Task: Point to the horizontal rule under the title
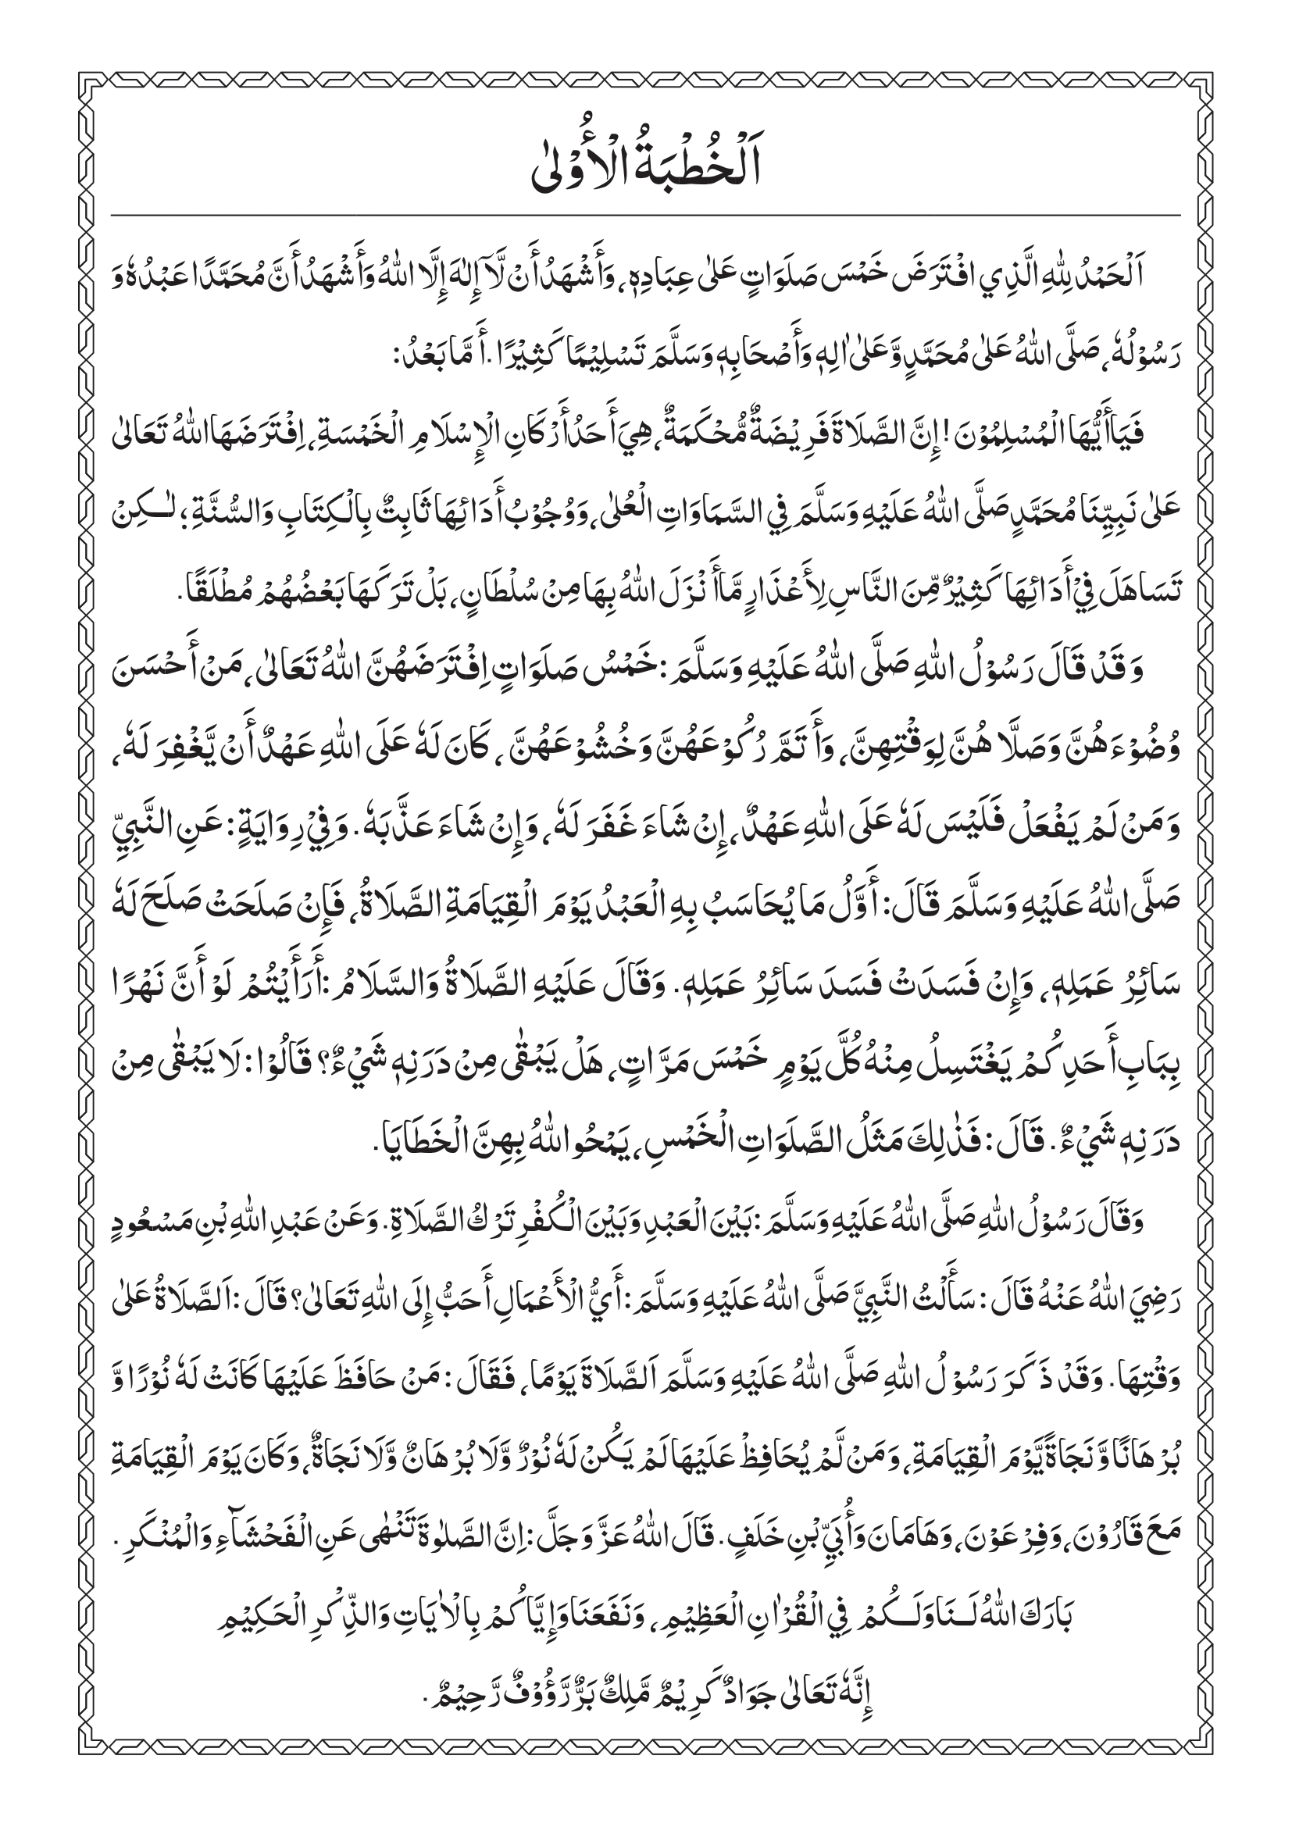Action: [645, 216]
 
